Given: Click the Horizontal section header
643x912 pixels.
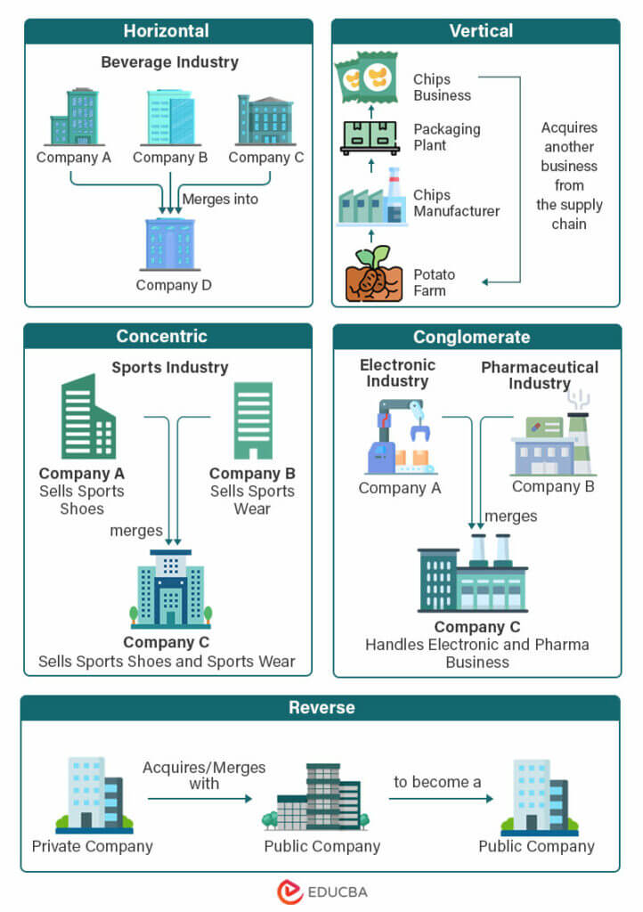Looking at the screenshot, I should point(167,31).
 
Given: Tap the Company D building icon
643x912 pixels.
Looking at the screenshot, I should point(169,243).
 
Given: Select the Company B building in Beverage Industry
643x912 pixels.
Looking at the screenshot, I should point(169,117).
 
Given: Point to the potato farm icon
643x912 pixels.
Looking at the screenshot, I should point(369,275).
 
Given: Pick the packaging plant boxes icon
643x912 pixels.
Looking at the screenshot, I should point(370,137).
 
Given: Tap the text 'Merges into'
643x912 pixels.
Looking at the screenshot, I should point(220,199).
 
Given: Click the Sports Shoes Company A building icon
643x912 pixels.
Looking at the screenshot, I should point(87,417).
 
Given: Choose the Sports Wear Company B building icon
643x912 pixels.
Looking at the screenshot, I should point(253,420).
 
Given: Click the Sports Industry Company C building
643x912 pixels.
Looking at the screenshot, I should point(170,589).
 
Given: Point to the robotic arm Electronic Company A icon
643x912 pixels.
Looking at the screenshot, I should point(400,437).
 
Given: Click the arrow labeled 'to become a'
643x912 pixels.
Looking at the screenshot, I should point(441,799).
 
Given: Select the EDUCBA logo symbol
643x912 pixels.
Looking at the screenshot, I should point(290,892).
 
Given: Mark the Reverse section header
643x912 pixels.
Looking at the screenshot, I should point(321,708).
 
